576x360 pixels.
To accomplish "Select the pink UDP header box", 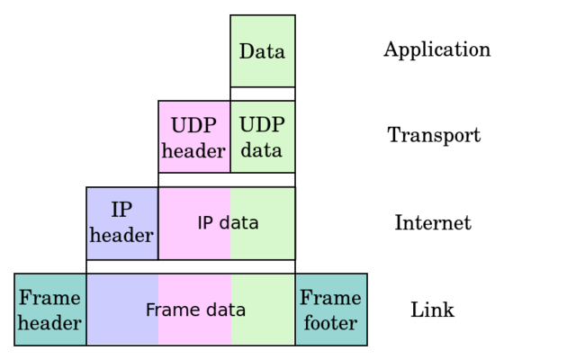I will (194, 137).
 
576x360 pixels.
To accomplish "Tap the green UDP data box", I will (262, 137).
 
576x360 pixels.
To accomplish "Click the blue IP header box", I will (122, 222).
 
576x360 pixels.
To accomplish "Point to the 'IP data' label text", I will (228, 223).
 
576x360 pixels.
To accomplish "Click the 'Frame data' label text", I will (195, 310).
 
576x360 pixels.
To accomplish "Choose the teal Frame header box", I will (50, 310).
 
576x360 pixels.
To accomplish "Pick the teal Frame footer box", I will (330, 310).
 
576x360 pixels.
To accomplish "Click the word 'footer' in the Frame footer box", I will (330, 323).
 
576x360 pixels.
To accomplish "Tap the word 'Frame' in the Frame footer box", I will (330, 298).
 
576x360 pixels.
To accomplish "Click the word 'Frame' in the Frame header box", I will (50, 298).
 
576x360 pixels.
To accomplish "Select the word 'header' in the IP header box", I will (121, 236).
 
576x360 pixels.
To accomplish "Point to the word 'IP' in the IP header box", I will (121, 211).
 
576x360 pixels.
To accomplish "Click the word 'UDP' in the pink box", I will (193, 125).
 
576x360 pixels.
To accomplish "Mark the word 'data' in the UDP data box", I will (262, 150).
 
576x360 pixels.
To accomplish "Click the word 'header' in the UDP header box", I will (193, 150).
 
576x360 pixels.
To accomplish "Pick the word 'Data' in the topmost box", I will (262, 51).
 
